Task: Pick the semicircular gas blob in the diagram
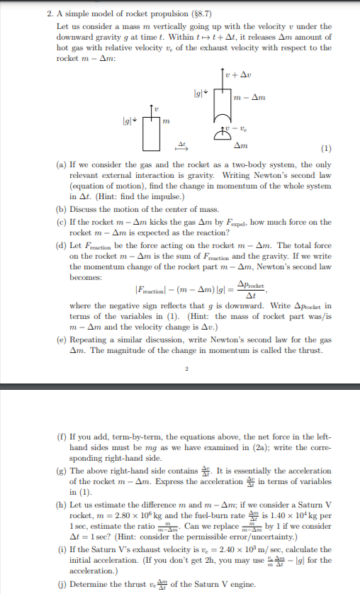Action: point(222,136)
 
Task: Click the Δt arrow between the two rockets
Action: point(181,147)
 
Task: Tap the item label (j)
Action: point(62,585)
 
